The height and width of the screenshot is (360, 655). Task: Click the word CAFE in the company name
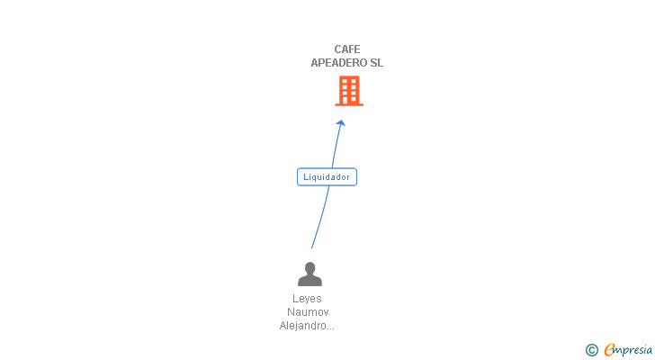tap(346, 49)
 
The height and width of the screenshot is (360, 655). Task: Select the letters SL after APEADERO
tap(376, 63)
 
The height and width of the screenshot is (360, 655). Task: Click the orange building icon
tap(349, 90)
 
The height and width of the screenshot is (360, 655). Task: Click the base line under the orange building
tap(349, 104)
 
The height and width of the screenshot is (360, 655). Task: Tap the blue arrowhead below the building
tap(341, 124)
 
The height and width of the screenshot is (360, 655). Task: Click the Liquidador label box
tap(327, 177)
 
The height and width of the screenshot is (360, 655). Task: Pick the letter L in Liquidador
tap(306, 177)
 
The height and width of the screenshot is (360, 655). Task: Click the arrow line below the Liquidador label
tap(319, 216)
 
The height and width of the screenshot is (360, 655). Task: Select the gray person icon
tap(310, 274)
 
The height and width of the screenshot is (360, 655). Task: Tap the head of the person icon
tap(310, 267)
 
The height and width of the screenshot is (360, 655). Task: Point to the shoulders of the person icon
tap(310, 281)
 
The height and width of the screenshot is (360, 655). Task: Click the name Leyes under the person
tap(307, 299)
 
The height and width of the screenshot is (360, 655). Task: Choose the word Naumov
tap(307, 312)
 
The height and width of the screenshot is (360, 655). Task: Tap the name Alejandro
tap(301, 326)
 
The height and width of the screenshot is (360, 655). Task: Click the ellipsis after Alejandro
tap(329, 328)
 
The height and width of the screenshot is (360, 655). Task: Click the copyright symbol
tap(591, 350)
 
